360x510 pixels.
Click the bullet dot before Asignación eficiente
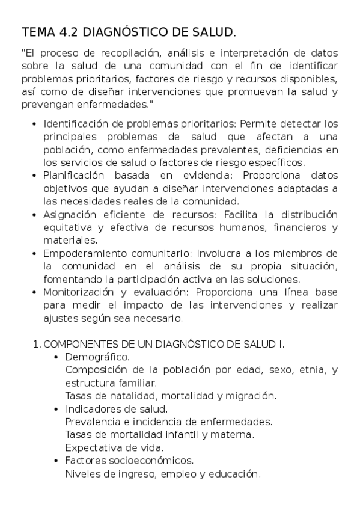click(x=34, y=215)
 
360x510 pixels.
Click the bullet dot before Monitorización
click(x=34, y=292)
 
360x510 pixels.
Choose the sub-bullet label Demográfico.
click(x=97, y=357)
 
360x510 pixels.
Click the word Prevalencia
click(x=90, y=422)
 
